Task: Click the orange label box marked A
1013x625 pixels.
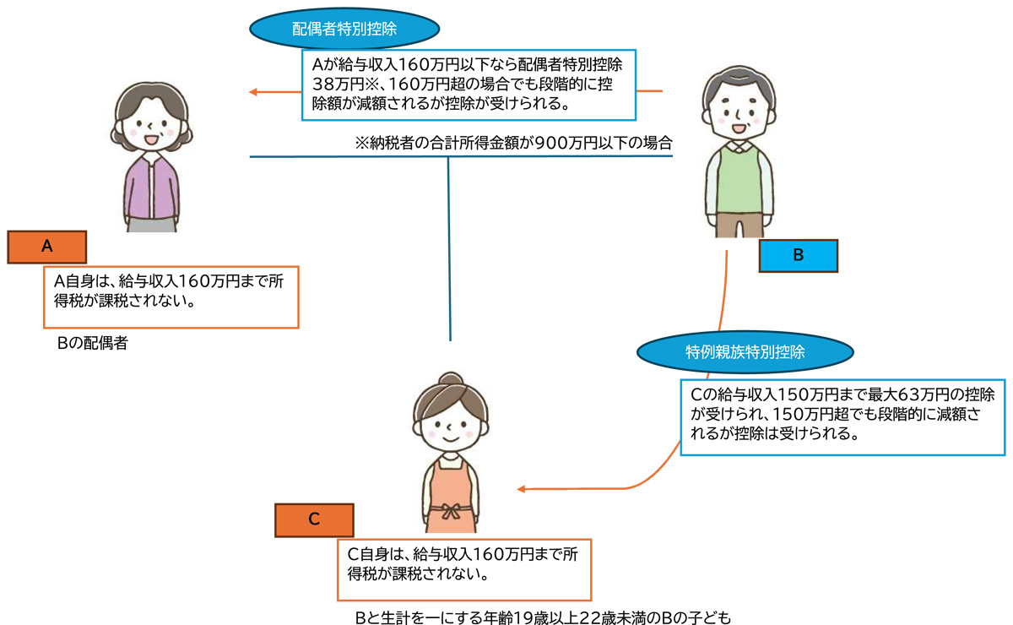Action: point(47,246)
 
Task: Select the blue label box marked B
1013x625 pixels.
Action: point(798,256)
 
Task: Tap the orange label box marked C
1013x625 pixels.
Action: point(314,520)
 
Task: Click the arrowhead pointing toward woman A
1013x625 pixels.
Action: point(252,91)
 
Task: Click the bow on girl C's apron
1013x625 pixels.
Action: point(447,511)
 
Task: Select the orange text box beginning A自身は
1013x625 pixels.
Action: point(171,297)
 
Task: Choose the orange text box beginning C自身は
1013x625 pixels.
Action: point(463,568)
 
